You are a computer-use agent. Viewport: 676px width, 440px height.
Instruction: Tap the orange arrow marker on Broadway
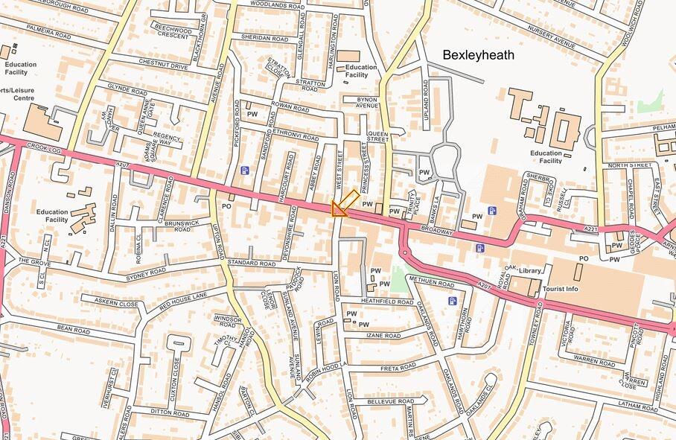tap(343, 203)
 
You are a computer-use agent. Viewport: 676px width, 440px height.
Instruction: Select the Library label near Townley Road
tap(530, 271)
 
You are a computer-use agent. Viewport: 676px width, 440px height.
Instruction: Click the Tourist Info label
tap(561, 289)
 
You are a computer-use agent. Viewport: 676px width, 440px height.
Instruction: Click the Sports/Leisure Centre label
tap(16, 94)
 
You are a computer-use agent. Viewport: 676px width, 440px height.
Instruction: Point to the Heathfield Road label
tap(387, 302)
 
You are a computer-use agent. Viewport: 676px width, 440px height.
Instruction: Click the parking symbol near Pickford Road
tap(245, 170)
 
